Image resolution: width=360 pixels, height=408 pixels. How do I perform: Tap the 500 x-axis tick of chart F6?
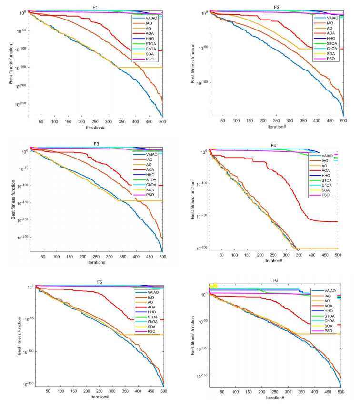pos(340,391)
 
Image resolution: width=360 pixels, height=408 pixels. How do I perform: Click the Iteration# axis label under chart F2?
pos(276,127)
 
